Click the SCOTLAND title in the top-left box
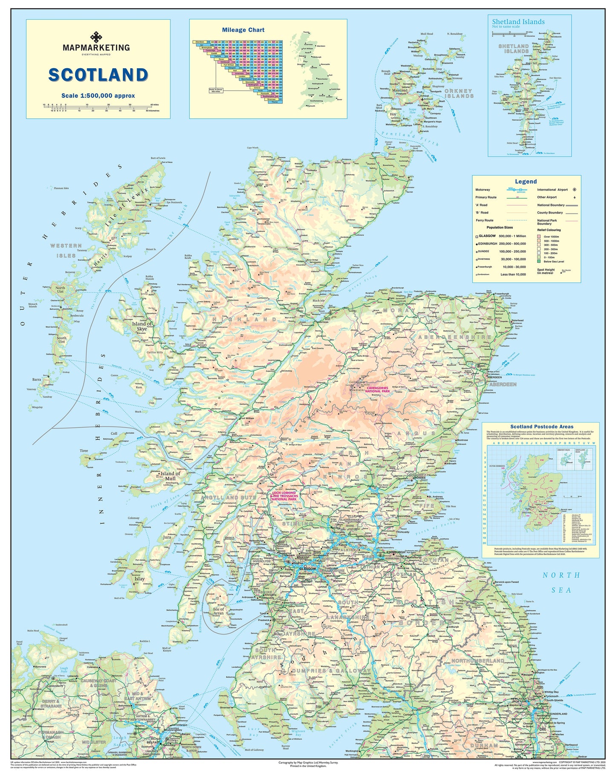98,75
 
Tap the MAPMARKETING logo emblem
96,37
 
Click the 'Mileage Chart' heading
243,30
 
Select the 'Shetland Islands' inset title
518,22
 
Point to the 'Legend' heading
526,182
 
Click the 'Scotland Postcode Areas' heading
541,427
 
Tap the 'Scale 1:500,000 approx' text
98,96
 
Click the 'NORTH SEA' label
561,583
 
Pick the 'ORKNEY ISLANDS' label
459,93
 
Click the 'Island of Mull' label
170,476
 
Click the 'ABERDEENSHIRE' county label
454,337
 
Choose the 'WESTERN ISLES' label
66,251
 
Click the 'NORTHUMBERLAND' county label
477,661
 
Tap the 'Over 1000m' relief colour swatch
539,236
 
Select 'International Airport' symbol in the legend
574,190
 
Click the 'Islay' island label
139,579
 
